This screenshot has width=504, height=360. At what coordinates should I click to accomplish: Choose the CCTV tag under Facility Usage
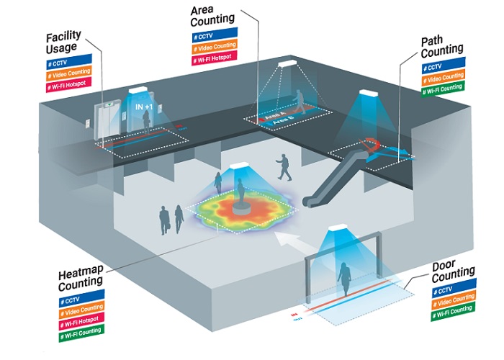pyautogui.click(x=70, y=64)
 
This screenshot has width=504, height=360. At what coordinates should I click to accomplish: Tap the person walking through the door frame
pyautogui.click(x=344, y=282)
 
